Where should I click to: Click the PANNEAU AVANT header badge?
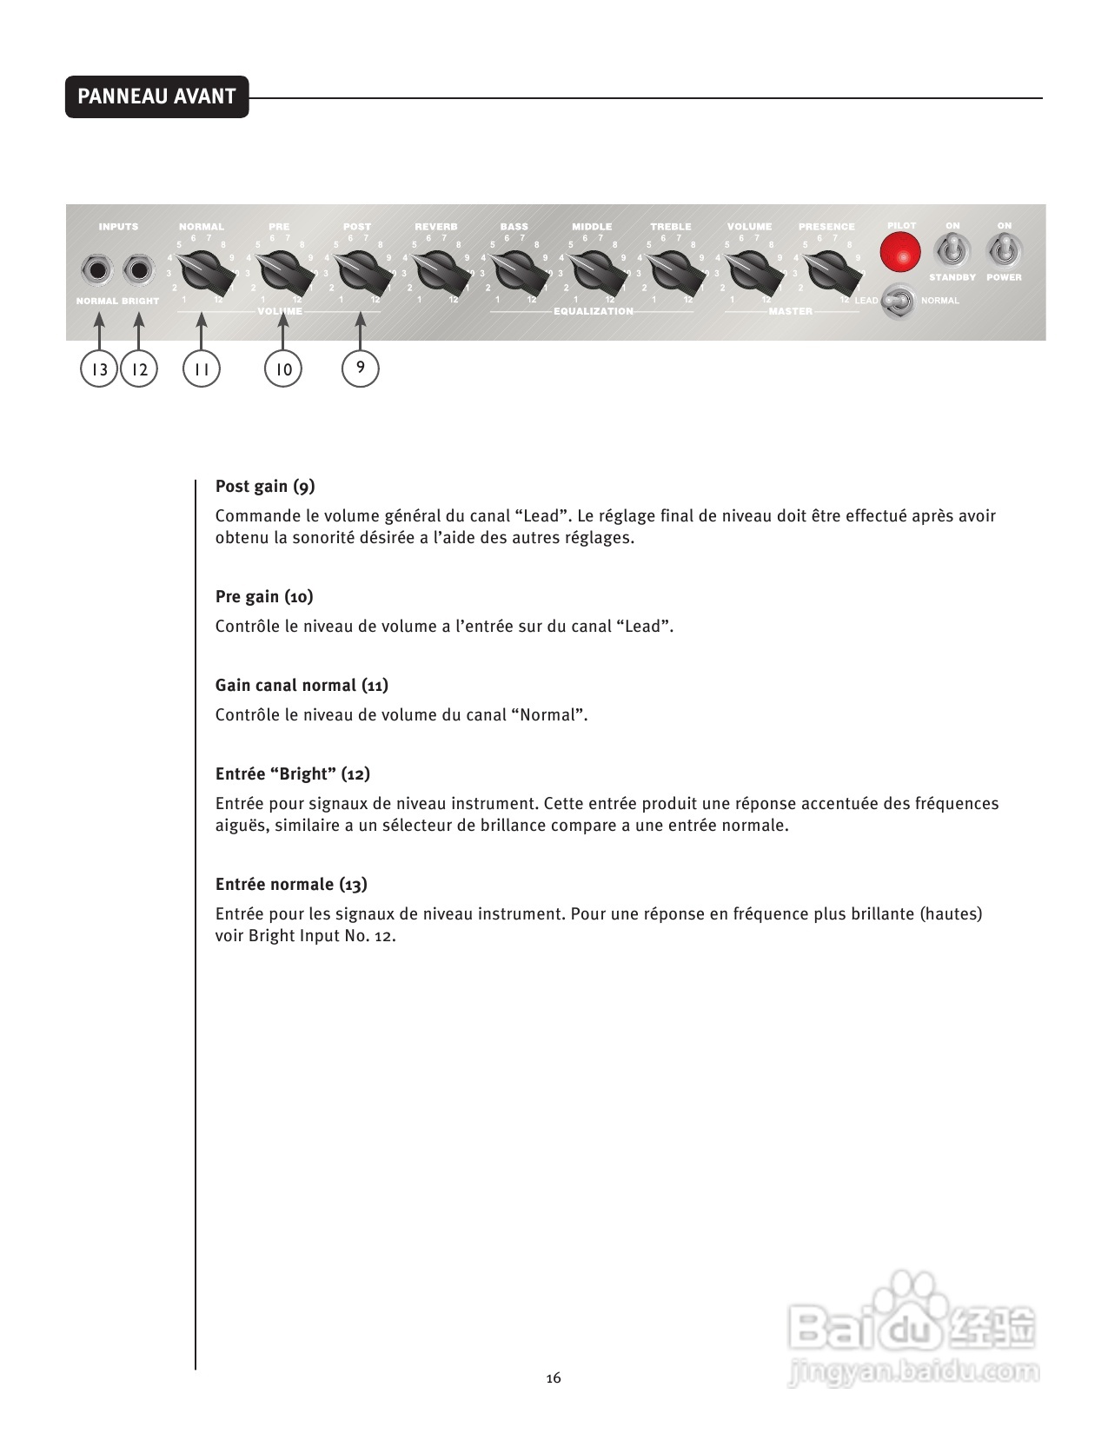(x=156, y=96)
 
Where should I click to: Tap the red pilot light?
(x=900, y=254)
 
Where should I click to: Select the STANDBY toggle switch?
(x=952, y=252)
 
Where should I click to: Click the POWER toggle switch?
(x=1004, y=252)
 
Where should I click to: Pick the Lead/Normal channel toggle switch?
(x=899, y=302)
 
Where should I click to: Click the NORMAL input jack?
(x=97, y=270)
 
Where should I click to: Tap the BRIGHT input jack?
(x=138, y=270)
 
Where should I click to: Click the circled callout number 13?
(x=99, y=369)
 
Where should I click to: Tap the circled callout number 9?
(x=361, y=368)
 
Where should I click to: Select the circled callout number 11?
(x=202, y=369)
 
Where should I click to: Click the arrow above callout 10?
(x=283, y=330)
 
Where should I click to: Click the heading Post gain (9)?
(x=265, y=487)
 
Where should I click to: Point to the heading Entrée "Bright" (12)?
(x=293, y=774)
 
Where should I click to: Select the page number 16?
(x=554, y=1378)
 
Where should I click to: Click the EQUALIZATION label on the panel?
(x=594, y=311)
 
